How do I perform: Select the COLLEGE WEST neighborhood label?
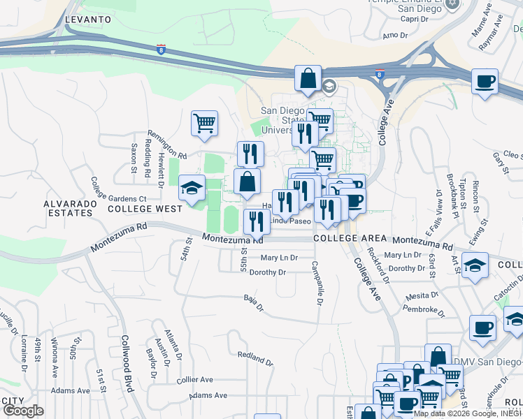[145, 208]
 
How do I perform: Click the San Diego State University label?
[283, 120]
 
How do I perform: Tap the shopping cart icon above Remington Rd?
[204, 124]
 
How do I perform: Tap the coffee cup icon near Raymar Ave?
[485, 81]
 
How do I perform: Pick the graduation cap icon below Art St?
[475, 265]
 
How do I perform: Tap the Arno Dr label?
[395, 34]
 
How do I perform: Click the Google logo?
[23, 411]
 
